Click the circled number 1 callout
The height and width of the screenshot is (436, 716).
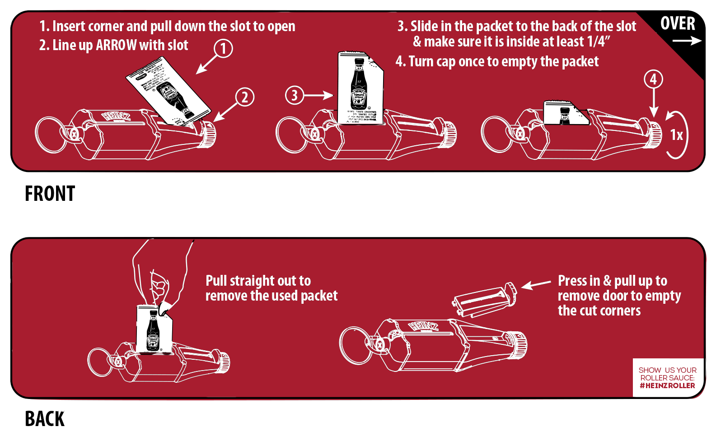(x=223, y=48)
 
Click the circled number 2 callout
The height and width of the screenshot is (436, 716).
(x=245, y=97)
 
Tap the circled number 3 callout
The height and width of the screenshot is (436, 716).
(x=295, y=95)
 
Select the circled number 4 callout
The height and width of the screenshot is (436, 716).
(x=653, y=79)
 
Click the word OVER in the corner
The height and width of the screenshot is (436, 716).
(x=678, y=23)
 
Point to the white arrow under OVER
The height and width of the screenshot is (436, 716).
(x=687, y=41)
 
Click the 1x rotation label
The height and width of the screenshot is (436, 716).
(x=676, y=135)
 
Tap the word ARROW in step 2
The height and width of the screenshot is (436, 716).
(x=116, y=45)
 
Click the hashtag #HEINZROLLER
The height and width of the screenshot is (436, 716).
(x=667, y=386)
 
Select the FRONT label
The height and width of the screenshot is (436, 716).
(x=49, y=194)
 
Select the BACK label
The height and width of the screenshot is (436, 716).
(x=45, y=418)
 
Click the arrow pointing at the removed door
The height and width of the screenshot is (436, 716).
(x=536, y=284)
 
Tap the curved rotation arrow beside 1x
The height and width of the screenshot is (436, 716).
(x=680, y=135)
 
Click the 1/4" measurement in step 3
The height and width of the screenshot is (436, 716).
(x=599, y=42)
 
